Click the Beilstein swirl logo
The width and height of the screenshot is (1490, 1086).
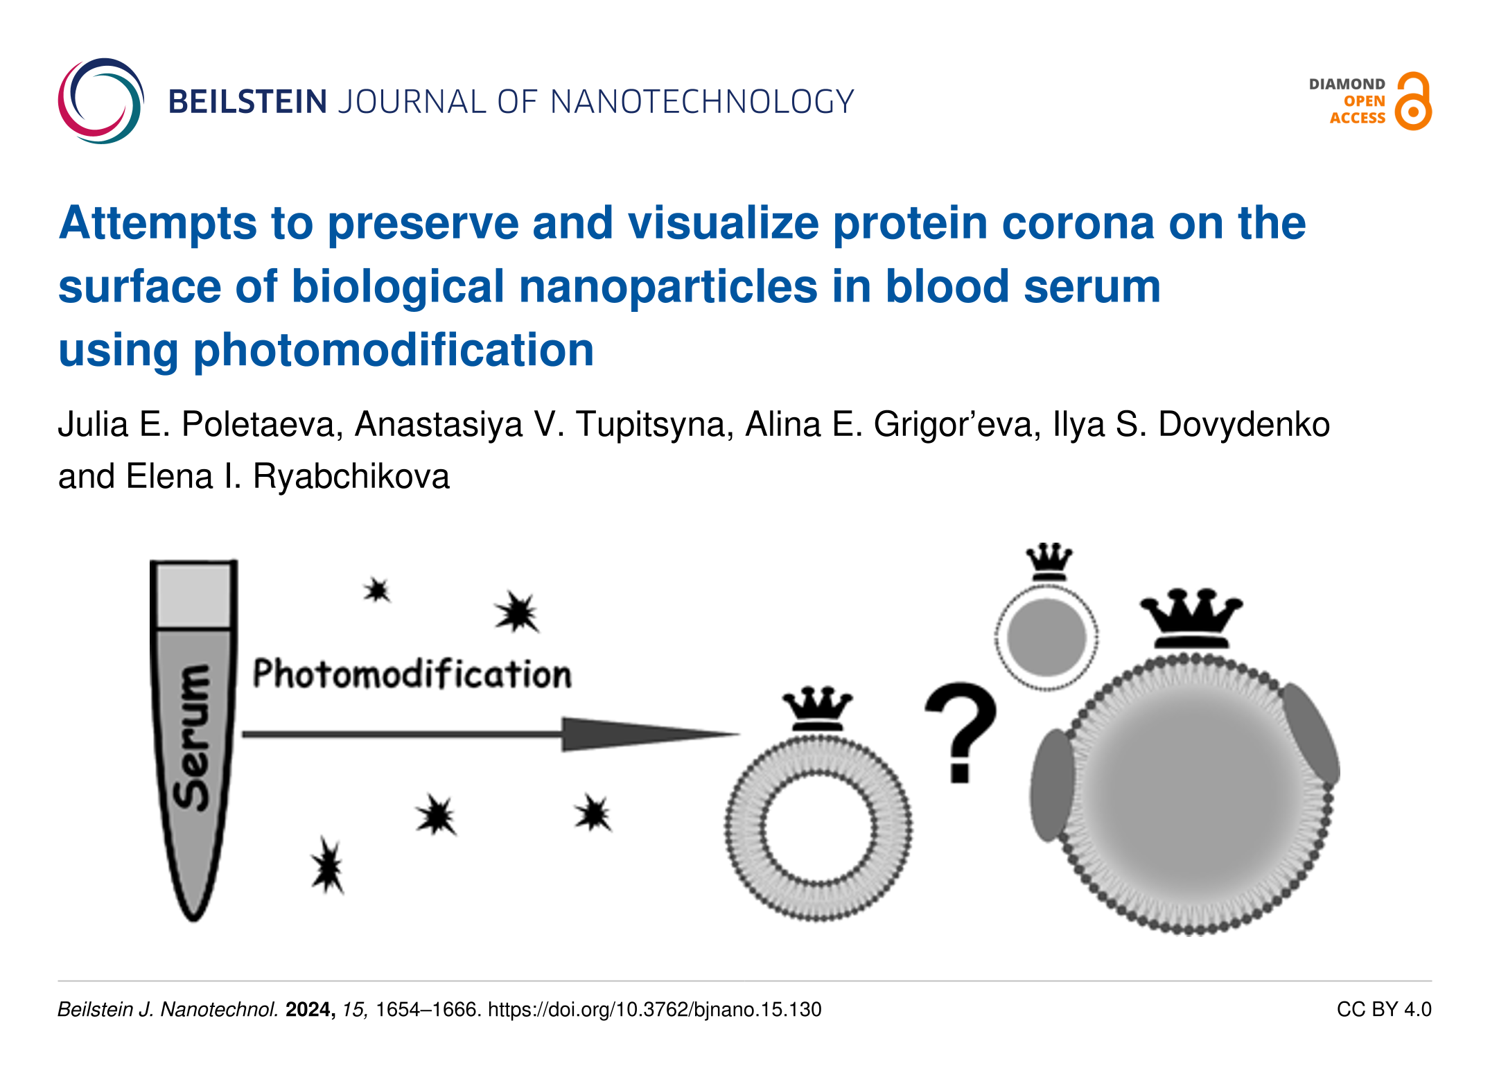pos(101,101)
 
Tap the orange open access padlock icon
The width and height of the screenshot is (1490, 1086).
pos(1413,101)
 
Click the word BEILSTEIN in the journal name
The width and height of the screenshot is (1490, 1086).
pos(247,102)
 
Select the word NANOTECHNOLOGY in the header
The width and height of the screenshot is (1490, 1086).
pos(702,102)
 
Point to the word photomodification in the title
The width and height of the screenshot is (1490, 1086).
pos(394,350)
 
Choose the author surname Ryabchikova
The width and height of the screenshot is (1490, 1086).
pos(351,477)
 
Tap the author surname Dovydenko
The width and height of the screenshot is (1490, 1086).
pos(1244,424)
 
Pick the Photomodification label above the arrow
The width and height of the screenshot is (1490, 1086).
pos(412,674)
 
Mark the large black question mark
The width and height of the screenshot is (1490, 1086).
pos(961,732)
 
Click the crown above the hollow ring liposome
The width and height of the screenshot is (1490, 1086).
pos(818,709)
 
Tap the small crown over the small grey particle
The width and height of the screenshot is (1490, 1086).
pos(1049,562)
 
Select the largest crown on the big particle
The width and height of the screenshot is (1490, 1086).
pos(1191,619)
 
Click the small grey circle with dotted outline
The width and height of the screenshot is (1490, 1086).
pos(1046,637)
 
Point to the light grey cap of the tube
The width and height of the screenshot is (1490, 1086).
pos(193,595)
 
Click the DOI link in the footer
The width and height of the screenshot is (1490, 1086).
pos(655,1009)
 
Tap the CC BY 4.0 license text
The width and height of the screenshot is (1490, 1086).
pos(1384,1009)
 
